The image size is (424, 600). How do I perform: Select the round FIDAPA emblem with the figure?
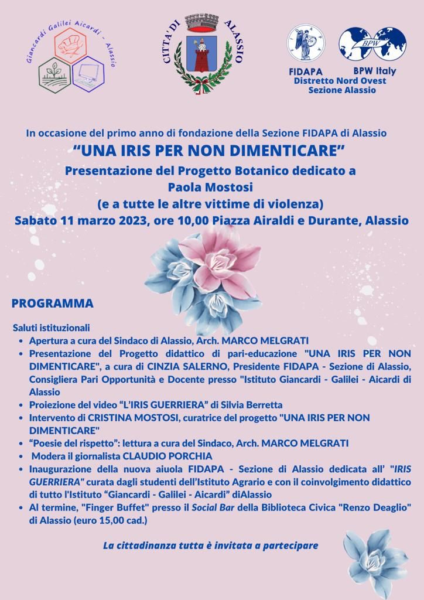306,44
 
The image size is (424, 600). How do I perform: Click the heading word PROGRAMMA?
53,304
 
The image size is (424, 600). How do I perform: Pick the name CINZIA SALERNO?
189,367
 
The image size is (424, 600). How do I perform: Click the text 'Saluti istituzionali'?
51,328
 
